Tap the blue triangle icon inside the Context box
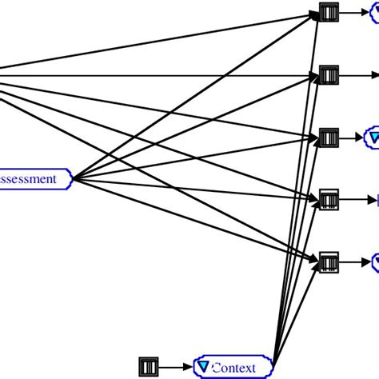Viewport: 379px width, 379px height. [x=205, y=367]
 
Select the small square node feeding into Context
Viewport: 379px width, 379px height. [x=149, y=367]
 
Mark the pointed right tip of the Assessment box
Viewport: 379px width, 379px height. [x=72, y=179]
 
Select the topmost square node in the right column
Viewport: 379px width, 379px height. [x=329, y=12]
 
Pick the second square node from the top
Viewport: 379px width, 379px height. [x=329, y=75]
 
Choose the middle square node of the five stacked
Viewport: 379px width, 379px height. [x=329, y=138]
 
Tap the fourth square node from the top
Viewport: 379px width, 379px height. [x=329, y=198]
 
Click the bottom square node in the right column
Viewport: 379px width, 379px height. [x=329, y=261]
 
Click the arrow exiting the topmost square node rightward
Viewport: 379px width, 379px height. [x=356, y=12]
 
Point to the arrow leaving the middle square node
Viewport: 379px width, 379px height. [x=352, y=138]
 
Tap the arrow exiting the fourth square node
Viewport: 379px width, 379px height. [x=356, y=198]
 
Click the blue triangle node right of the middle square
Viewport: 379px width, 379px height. [x=373, y=138]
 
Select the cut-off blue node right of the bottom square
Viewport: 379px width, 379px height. [x=374, y=261]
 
